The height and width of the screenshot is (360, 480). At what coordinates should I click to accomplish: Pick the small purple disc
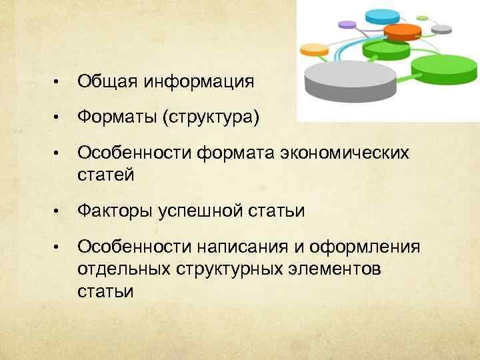(x=347, y=25)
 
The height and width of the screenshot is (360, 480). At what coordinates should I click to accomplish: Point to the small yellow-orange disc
(x=315, y=49)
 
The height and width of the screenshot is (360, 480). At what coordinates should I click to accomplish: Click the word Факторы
(x=115, y=211)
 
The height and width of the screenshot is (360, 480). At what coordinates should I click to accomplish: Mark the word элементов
(x=338, y=269)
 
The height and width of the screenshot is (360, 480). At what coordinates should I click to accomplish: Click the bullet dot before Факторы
(x=58, y=212)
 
